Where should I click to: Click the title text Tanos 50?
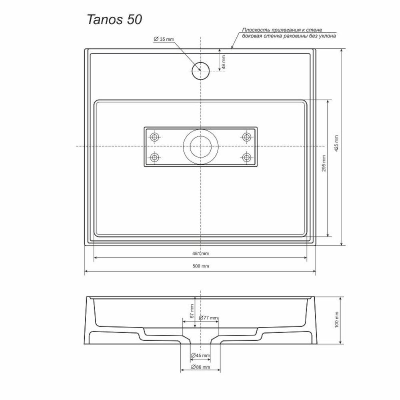click(x=114, y=20)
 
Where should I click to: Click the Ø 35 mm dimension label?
click(x=164, y=39)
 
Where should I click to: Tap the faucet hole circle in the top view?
click(x=200, y=71)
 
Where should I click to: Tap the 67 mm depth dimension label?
click(x=192, y=311)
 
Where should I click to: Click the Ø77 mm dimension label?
click(x=208, y=318)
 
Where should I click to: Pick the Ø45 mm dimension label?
click(x=200, y=355)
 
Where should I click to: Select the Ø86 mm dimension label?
click(x=200, y=367)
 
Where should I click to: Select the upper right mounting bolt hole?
click(x=246, y=137)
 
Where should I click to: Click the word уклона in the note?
click(x=326, y=36)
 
